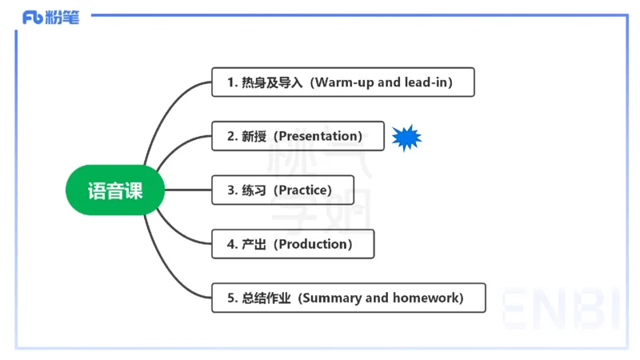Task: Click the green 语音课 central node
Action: [115, 190]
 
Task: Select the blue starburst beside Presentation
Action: [406, 138]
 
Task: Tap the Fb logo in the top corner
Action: [34, 18]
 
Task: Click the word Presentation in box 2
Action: [318, 137]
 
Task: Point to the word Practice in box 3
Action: [302, 190]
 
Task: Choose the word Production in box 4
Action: [314, 244]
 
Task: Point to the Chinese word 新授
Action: [254, 137]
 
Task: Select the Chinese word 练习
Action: [254, 190]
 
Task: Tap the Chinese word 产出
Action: [254, 244]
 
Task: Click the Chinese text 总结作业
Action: [266, 298]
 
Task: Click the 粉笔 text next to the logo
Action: [65, 18]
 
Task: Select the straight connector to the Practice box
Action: [187, 190]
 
